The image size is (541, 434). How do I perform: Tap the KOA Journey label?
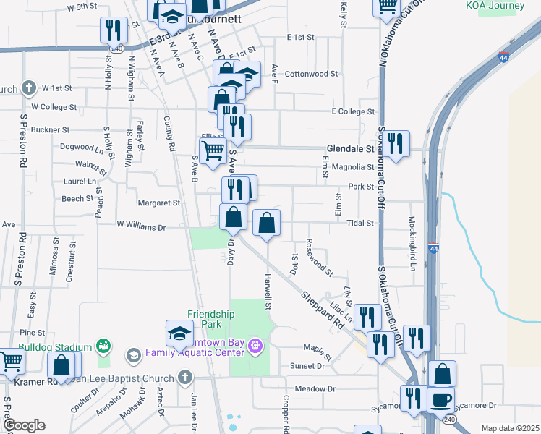click(x=495, y=6)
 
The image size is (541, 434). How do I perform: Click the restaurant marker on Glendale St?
click(x=395, y=145)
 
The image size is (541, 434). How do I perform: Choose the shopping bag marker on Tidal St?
click(x=266, y=223)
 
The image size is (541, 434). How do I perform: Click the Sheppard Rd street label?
click(x=322, y=309)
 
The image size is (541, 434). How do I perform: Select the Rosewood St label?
click(x=319, y=258)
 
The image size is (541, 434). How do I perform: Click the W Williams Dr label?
click(x=142, y=226)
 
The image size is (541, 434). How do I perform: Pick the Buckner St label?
click(x=50, y=130)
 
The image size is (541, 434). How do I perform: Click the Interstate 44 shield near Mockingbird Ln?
click(x=433, y=247)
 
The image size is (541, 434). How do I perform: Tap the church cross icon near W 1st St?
click(x=28, y=89)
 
